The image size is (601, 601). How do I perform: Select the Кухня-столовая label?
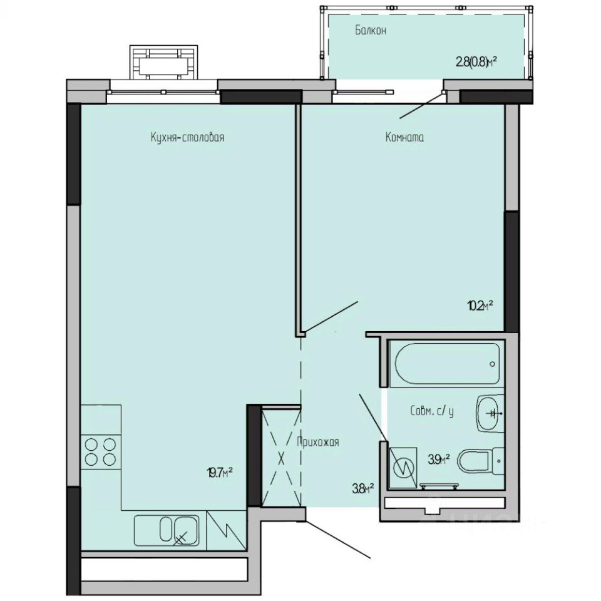[x=187, y=138]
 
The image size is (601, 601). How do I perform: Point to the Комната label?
[x=404, y=138]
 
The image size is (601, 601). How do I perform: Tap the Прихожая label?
[x=318, y=442]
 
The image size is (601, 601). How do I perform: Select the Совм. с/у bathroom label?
[x=432, y=411]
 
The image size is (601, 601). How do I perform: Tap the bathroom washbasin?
[x=490, y=413]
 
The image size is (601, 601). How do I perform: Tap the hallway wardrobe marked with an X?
[x=281, y=456]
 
